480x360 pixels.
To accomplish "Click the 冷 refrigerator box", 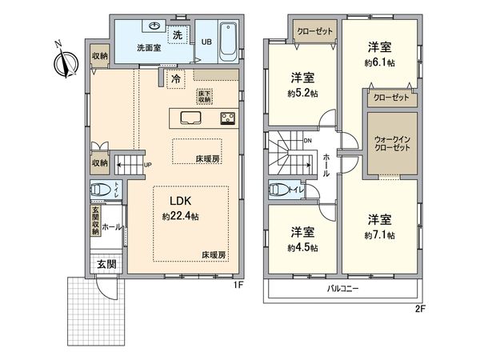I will coord(174,78).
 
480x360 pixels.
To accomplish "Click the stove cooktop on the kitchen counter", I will coord(226,119).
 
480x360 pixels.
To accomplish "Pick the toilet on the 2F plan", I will coord(280,190).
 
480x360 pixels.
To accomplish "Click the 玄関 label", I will coord(106,263).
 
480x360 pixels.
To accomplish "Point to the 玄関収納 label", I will coord(94,222).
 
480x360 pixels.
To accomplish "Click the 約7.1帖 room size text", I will coord(381,234).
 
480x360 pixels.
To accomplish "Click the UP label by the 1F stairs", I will coord(146,166).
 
